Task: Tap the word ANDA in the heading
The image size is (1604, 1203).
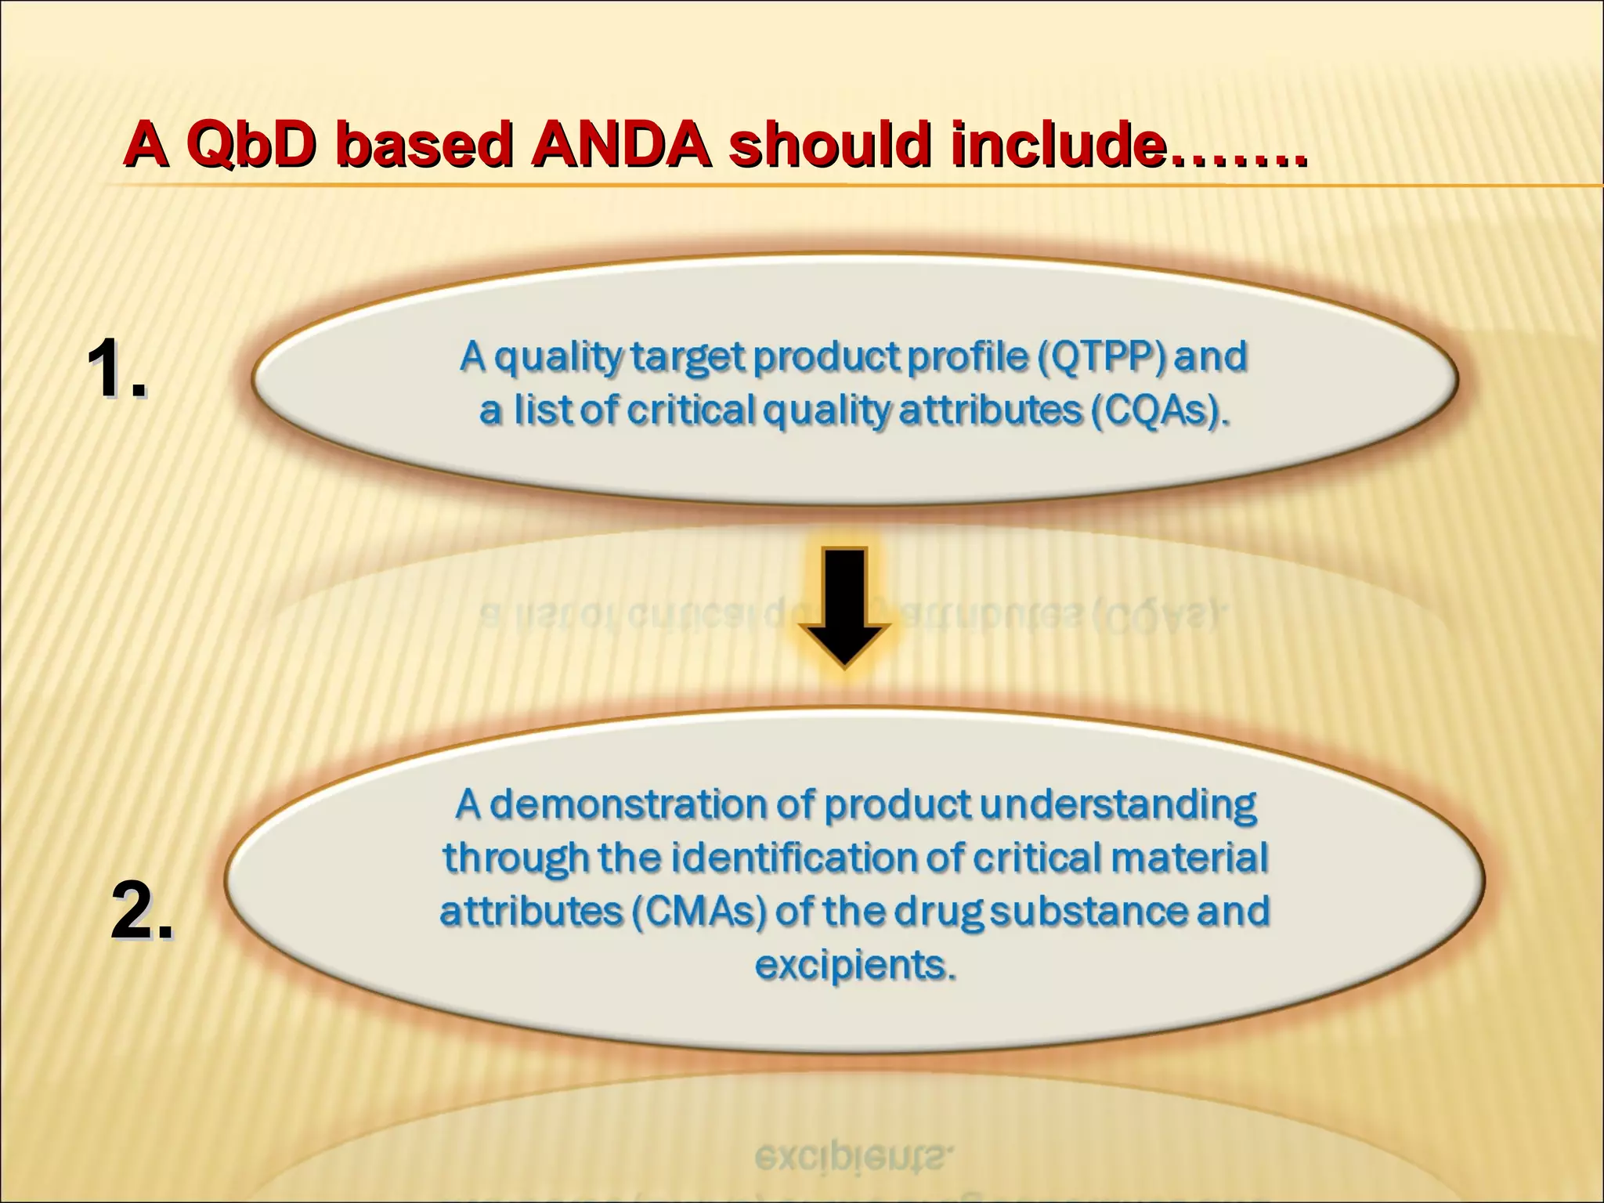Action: [x=621, y=146]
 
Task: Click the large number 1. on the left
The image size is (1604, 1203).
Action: [x=116, y=370]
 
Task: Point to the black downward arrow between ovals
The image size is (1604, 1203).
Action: [x=844, y=607]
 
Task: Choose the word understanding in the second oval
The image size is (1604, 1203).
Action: [x=1118, y=805]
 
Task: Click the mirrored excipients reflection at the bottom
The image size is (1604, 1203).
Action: [x=854, y=1158]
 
